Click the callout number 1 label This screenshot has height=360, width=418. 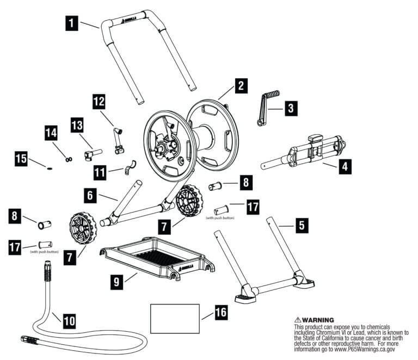coord(72,24)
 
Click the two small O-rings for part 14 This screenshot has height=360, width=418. coord(69,159)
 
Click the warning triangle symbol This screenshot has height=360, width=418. coord(298,319)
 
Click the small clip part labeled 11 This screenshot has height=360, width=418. coord(130,167)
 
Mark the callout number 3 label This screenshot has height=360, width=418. coord(293,108)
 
